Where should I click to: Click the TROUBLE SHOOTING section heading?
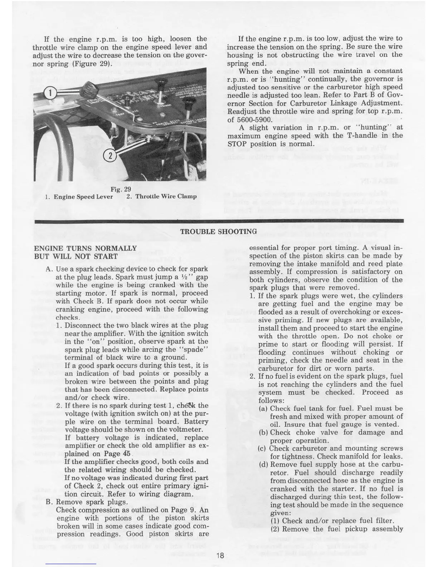[x=218, y=232]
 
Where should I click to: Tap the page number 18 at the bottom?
[x=220, y=556]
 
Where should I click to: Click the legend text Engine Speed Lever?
[x=83, y=197]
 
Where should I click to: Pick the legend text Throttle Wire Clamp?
[x=166, y=196]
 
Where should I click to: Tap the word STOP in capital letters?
[x=237, y=144]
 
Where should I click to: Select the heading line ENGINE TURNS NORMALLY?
[x=85, y=248]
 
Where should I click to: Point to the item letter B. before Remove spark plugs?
[x=50, y=502]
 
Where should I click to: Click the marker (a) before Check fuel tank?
[x=263, y=408]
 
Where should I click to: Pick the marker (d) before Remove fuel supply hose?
[x=263, y=465]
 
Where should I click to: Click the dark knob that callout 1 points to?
[x=88, y=87]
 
